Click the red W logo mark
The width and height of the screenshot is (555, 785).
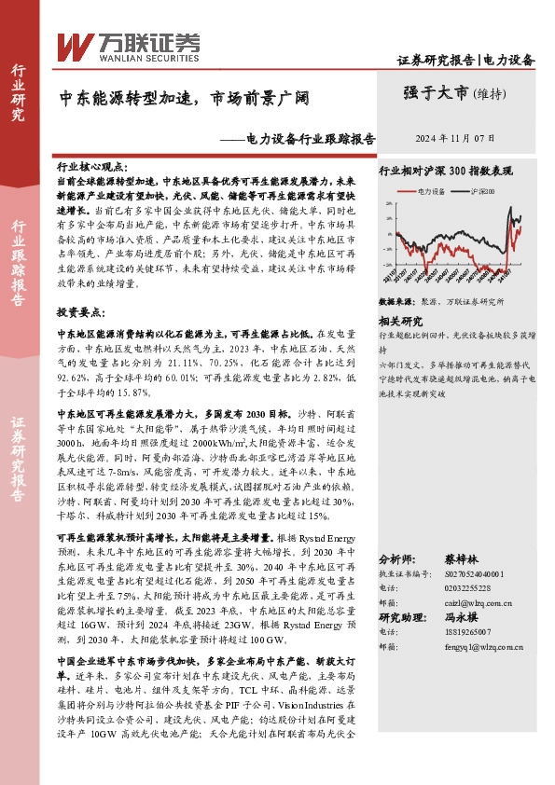point(75,44)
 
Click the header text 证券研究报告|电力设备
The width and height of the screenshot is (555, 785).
point(465,60)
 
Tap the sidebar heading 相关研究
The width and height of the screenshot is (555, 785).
point(402,320)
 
